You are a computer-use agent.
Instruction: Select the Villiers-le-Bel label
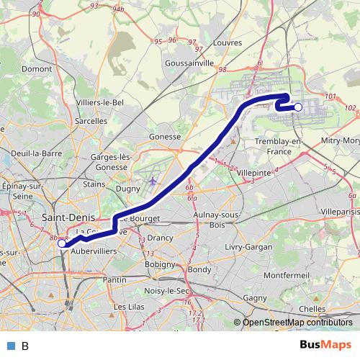(x=100, y=103)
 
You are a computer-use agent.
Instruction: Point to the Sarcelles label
(x=91, y=121)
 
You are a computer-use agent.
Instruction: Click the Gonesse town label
(x=164, y=136)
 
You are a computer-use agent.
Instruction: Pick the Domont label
(x=37, y=68)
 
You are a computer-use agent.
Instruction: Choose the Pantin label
(x=114, y=279)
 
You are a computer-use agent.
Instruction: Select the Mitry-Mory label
(x=341, y=140)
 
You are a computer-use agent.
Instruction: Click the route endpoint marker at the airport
(x=298, y=107)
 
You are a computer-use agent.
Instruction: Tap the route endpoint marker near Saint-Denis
(x=62, y=243)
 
